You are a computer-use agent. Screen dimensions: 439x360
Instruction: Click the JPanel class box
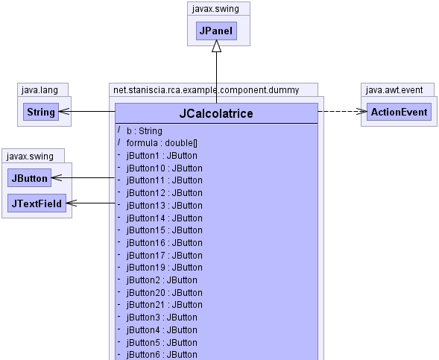pos(216,31)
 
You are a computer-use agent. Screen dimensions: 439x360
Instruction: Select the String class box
pos(41,112)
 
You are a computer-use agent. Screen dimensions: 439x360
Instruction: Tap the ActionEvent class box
pos(399,112)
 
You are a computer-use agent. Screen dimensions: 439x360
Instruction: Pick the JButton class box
pos(29,178)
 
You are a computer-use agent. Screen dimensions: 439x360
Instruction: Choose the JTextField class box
pos(37,203)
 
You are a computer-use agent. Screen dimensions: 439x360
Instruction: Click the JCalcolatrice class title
pos(216,113)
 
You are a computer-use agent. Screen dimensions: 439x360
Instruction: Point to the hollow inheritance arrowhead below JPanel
pos(216,46)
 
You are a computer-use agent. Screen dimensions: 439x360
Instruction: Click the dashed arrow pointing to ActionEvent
pos(342,111)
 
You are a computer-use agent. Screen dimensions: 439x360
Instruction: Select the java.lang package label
pos(40,90)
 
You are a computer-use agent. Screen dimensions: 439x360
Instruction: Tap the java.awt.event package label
pos(394,90)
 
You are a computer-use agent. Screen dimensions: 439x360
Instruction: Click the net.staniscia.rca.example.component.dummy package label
pos(206,90)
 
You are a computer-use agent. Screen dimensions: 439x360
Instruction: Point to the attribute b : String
pos(144,131)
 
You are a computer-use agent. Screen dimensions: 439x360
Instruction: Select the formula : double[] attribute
pos(162,143)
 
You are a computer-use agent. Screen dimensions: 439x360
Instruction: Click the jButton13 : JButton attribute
pos(164,206)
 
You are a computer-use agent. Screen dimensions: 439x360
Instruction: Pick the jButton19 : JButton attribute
pos(164,268)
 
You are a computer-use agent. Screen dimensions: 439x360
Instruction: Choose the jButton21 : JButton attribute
pos(164,305)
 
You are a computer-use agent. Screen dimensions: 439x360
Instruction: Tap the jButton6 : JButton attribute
pos(162,354)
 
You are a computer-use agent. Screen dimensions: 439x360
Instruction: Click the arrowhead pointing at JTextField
pos(72,203)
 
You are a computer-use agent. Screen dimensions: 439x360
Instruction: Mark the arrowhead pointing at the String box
pos(64,111)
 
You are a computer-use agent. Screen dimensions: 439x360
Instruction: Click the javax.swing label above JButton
pos(30,157)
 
